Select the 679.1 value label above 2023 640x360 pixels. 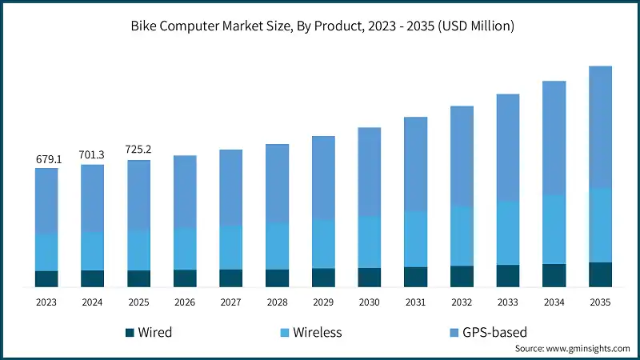click(x=47, y=159)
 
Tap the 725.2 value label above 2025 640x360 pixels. click(x=139, y=150)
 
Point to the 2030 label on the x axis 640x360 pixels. click(x=370, y=302)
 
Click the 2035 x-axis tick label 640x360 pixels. click(x=600, y=302)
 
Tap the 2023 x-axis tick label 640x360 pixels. click(x=47, y=302)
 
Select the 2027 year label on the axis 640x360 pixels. click(x=231, y=302)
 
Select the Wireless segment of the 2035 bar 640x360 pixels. click(x=600, y=225)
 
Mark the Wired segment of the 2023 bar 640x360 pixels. click(x=47, y=278)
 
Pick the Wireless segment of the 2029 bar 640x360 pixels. click(x=323, y=243)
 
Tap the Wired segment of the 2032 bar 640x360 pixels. click(x=462, y=276)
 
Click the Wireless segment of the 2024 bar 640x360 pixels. click(x=93, y=250)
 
